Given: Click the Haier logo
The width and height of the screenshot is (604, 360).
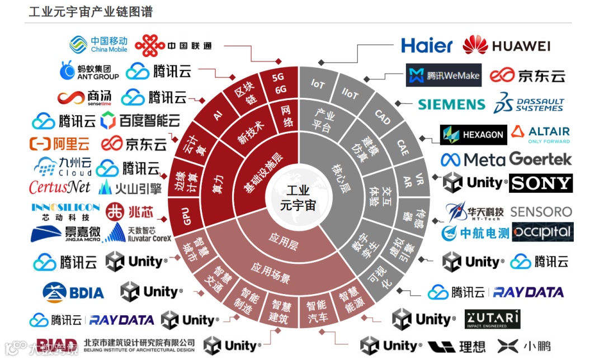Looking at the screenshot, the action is [x=427, y=45].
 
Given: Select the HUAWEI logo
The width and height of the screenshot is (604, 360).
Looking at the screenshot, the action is [x=507, y=45].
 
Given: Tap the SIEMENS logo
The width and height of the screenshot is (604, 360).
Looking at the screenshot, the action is [x=451, y=105].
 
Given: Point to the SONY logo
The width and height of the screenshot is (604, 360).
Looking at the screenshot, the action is [x=540, y=183].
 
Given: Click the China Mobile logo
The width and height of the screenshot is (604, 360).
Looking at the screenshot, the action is [x=98, y=45].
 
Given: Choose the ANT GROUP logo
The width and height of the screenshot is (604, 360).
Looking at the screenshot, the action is [x=89, y=71].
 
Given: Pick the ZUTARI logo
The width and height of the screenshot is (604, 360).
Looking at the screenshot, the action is [x=493, y=319].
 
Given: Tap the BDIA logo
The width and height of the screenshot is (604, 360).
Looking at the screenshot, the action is [x=73, y=292].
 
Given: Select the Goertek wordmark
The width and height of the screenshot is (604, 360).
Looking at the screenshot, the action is [x=540, y=159].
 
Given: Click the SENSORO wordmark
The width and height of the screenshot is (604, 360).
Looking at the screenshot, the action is [x=541, y=211].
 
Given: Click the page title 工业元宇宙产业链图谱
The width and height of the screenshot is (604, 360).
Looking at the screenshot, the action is [x=91, y=12].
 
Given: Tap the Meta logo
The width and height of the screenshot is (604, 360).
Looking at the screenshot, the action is [x=473, y=160].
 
